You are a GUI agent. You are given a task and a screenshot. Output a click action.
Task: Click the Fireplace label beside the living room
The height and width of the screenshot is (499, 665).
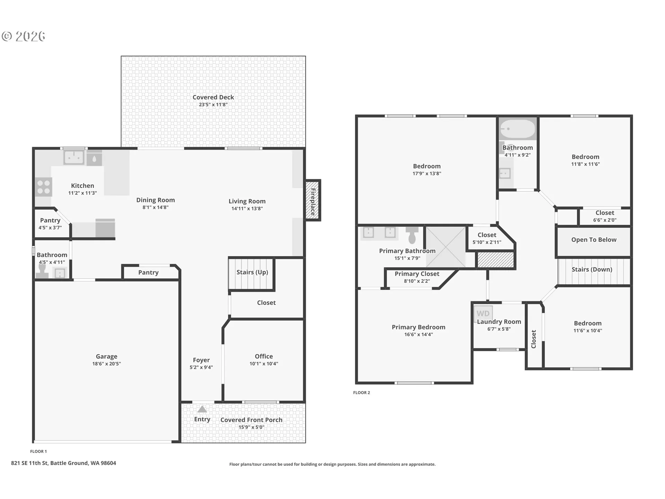pyautogui.click(x=313, y=201)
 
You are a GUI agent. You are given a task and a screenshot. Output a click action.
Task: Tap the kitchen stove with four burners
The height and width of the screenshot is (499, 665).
pyautogui.click(x=44, y=187)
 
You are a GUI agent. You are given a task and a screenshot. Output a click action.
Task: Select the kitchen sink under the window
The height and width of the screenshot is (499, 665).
pyautogui.click(x=74, y=158)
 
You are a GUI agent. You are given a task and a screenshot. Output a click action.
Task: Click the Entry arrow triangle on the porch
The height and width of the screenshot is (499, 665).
pyautogui.click(x=202, y=409)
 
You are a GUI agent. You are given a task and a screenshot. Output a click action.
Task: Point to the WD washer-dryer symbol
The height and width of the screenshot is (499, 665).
pyautogui.click(x=483, y=314)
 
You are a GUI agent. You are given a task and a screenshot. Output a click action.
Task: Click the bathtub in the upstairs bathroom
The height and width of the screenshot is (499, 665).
pyautogui.click(x=517, y=129)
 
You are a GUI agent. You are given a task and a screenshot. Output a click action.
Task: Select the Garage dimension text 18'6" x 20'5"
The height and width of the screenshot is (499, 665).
pyautogui.click(x=106, y=364)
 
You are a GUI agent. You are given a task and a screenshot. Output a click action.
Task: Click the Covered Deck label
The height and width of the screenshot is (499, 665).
pyautogui.click(x=213, y=97)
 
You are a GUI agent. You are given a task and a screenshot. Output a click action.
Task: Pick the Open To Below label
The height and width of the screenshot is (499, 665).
pyautogui.click(x=594, y=240)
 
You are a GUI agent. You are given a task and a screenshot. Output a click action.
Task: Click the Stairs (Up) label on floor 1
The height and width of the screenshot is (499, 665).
pyautogui.click(x=252, y=272)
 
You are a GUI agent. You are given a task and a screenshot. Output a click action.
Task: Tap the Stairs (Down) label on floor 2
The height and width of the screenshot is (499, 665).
pyautogui.click(x=592, y=270)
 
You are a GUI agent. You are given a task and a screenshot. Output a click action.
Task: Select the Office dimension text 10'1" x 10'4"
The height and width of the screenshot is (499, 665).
pyautogui.click(x=264, y=364)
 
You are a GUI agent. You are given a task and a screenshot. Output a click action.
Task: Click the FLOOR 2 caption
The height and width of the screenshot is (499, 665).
pyautogui.click(x=362, y=393)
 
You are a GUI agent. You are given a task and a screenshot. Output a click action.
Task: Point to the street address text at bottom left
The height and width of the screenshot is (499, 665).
pyautogui.click(x=63, y=463)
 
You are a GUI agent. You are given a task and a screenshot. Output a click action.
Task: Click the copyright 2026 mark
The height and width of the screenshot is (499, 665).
pyautogui.click(x=24, y=36)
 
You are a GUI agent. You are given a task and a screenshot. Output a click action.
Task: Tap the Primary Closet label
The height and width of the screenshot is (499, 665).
pyautogui.click(x=417, y=274)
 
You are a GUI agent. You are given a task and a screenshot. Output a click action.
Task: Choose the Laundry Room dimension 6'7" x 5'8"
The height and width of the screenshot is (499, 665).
pyautogui.click(x=499, y=329)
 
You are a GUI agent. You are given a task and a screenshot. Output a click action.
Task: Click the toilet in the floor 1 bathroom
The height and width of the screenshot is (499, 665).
pyautogui.click(x=42, y=271)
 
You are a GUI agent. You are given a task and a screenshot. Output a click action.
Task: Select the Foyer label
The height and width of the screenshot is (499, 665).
pyautogui.click(x=201, y=360)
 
